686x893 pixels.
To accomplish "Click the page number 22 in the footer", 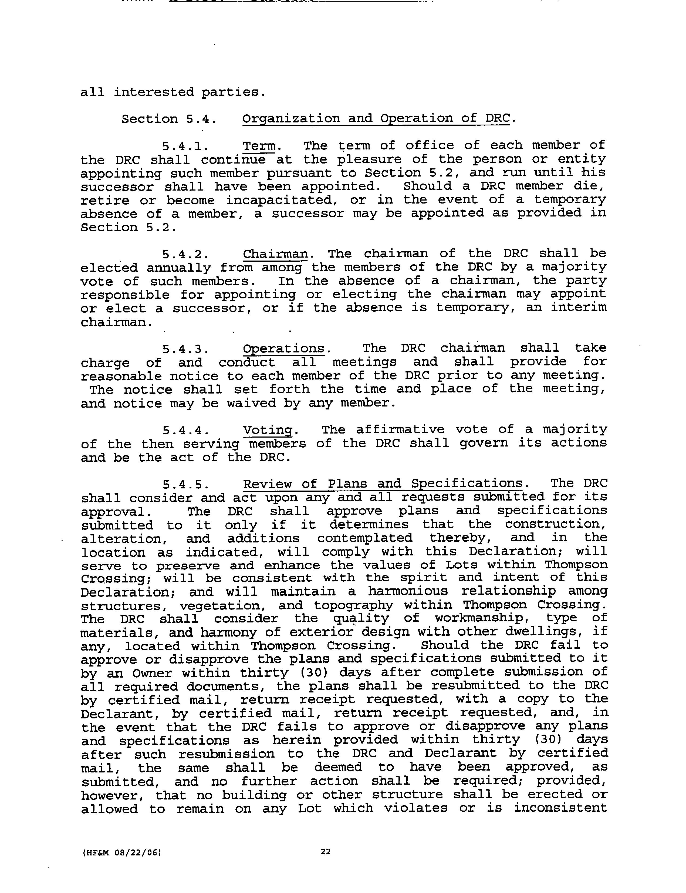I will click(x=325, y=851).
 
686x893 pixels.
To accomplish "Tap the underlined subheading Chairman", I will click(x=276, y=254).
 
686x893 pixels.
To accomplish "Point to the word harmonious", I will click(x=408, y=591).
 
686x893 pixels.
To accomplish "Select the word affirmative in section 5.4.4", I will click(x=400, y=429).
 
